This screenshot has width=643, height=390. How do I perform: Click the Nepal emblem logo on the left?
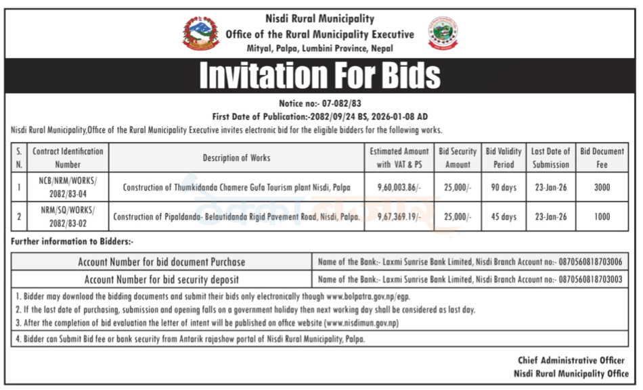click(200, 33)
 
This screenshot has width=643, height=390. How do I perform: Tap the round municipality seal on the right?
click(443, 34)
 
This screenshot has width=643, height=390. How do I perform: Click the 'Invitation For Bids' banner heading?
click(319, 76)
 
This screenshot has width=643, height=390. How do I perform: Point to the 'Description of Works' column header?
click(236, 158)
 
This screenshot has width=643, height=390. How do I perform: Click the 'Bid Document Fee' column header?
click(602, 158)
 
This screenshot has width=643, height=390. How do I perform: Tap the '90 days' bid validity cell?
click(504, 187)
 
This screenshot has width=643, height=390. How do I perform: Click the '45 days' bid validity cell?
click(504, 217)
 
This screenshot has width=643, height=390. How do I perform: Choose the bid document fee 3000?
click(602, 187)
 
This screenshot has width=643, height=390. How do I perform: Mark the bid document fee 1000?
click(602, 217)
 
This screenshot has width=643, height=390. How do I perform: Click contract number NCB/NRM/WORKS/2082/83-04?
click(68, 187)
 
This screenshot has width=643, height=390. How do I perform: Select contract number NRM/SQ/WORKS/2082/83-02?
click(68, 217)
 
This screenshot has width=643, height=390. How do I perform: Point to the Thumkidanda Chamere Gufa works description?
click(236, 187)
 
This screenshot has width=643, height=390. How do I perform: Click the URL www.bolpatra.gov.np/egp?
click(368, 296)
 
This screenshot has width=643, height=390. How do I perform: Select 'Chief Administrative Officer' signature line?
click(571, 361)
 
